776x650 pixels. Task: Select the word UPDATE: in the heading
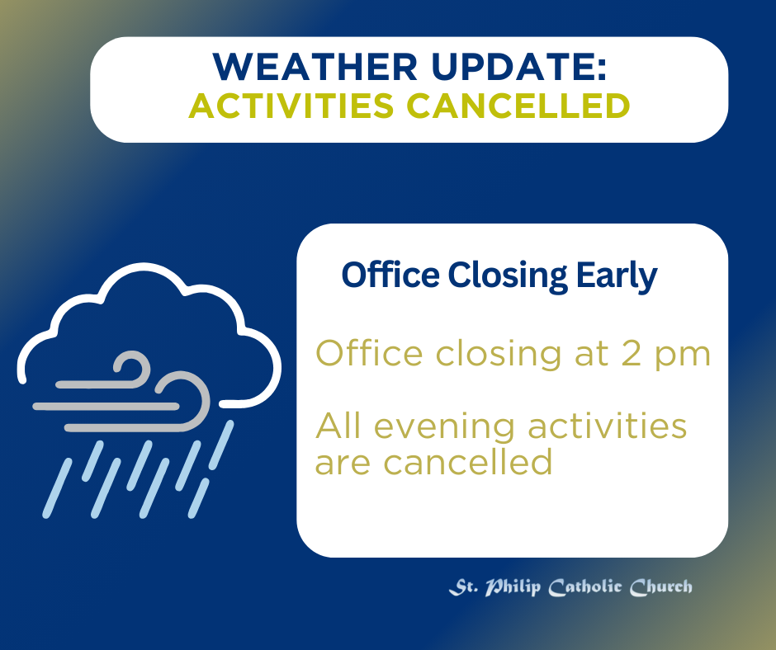pos(519,66)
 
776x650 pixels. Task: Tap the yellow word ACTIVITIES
pos(291,106)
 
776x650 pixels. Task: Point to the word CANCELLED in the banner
pos(518,106)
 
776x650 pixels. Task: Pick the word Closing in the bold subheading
pos(508,276)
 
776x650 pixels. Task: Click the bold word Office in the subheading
pos(390,275)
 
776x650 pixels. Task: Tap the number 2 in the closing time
pos(632,353)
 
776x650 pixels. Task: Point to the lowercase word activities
pos(608,426)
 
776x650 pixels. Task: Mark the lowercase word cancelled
pos(468,462)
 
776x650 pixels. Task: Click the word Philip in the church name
pos(513,587)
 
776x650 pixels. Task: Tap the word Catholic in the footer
pos(585,587)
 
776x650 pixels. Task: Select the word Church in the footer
pos(661,587)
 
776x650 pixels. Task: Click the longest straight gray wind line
pos(106,407)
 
